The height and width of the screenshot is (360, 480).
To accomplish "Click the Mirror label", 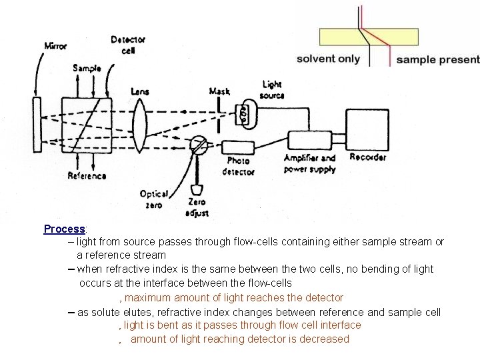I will (55, 46).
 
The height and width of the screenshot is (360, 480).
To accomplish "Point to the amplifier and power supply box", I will (311, 141).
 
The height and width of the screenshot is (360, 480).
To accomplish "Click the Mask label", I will (219, 91).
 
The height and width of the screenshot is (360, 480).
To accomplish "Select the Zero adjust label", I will (197, 207).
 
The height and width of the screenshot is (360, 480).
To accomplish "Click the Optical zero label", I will (153, 199).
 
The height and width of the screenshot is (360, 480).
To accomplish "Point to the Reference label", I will (87, 176).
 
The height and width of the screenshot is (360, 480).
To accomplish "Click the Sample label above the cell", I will (87, 68).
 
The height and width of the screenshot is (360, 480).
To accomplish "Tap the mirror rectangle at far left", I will (37, 125).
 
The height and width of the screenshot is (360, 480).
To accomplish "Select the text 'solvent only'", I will (328, 59).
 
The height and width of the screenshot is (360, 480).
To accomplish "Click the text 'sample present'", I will (437, 59).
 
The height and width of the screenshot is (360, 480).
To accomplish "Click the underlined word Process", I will (64, 229).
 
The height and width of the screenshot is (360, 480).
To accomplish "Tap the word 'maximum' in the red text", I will (148, 298).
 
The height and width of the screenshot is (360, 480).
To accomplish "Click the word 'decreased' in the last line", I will (323, 339).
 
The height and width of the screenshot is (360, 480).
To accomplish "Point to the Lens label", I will (140, 91).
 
